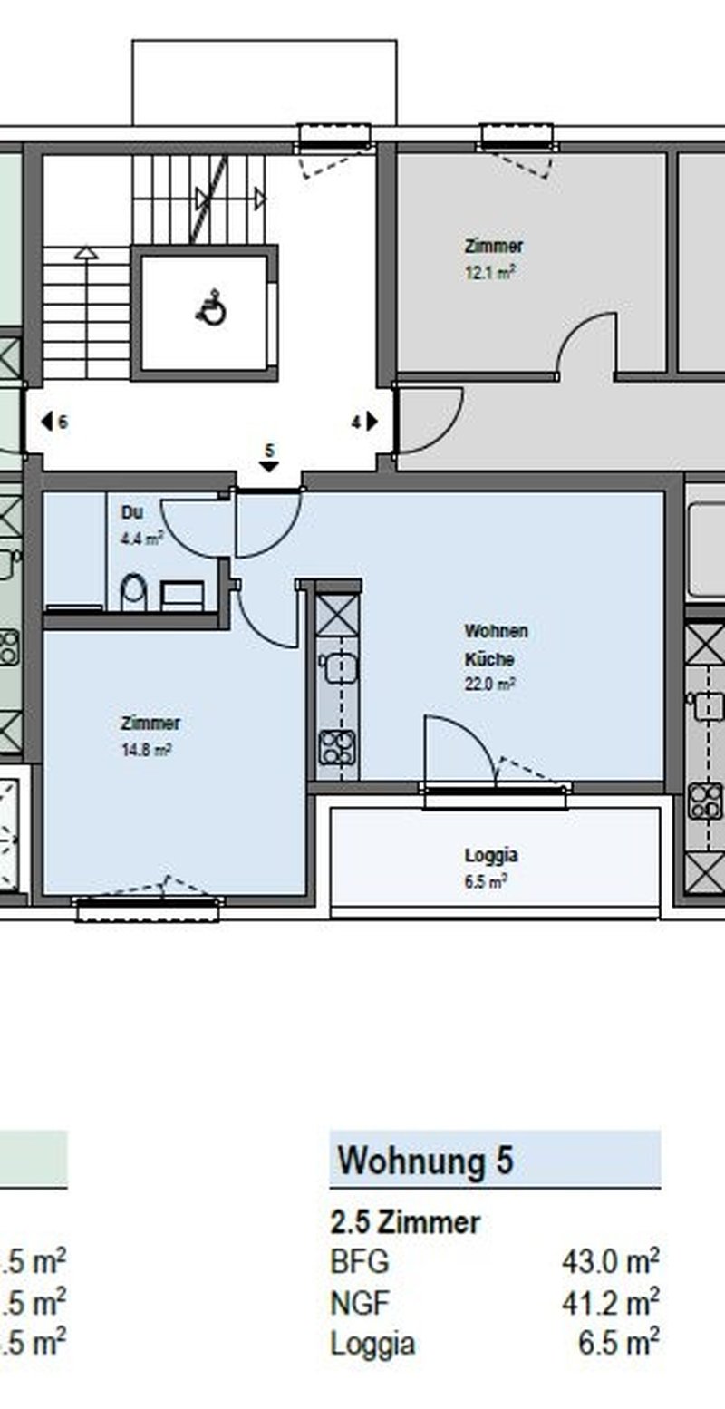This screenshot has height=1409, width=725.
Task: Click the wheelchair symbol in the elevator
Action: [212, 308]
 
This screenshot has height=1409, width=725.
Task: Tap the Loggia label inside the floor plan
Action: [491, 856]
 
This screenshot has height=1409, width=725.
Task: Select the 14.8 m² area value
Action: [147, 751]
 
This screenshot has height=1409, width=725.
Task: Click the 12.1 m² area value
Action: [490, 273]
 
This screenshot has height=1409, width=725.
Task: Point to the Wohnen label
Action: [496, 630]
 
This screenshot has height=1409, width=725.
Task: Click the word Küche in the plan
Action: [489, 658]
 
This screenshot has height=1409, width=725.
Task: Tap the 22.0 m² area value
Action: [490, 684]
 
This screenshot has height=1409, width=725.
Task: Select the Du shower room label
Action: [131, 512]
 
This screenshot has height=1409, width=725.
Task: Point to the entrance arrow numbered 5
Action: [270, 466]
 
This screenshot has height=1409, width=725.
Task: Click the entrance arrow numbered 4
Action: [372, 421]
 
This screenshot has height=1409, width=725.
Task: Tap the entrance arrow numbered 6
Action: [46, 422]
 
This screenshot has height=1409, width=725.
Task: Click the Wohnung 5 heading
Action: [425, 1160]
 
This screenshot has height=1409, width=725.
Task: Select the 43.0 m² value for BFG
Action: [611, 1261]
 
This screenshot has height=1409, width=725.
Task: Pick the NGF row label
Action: [361, 1303]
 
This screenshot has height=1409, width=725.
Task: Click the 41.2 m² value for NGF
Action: [611, 1303]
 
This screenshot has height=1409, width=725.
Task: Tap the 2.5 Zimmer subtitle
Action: [406, 1223]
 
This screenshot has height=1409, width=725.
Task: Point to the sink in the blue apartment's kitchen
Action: [337, 666]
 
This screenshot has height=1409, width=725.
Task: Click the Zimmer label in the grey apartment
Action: [494, 246]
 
